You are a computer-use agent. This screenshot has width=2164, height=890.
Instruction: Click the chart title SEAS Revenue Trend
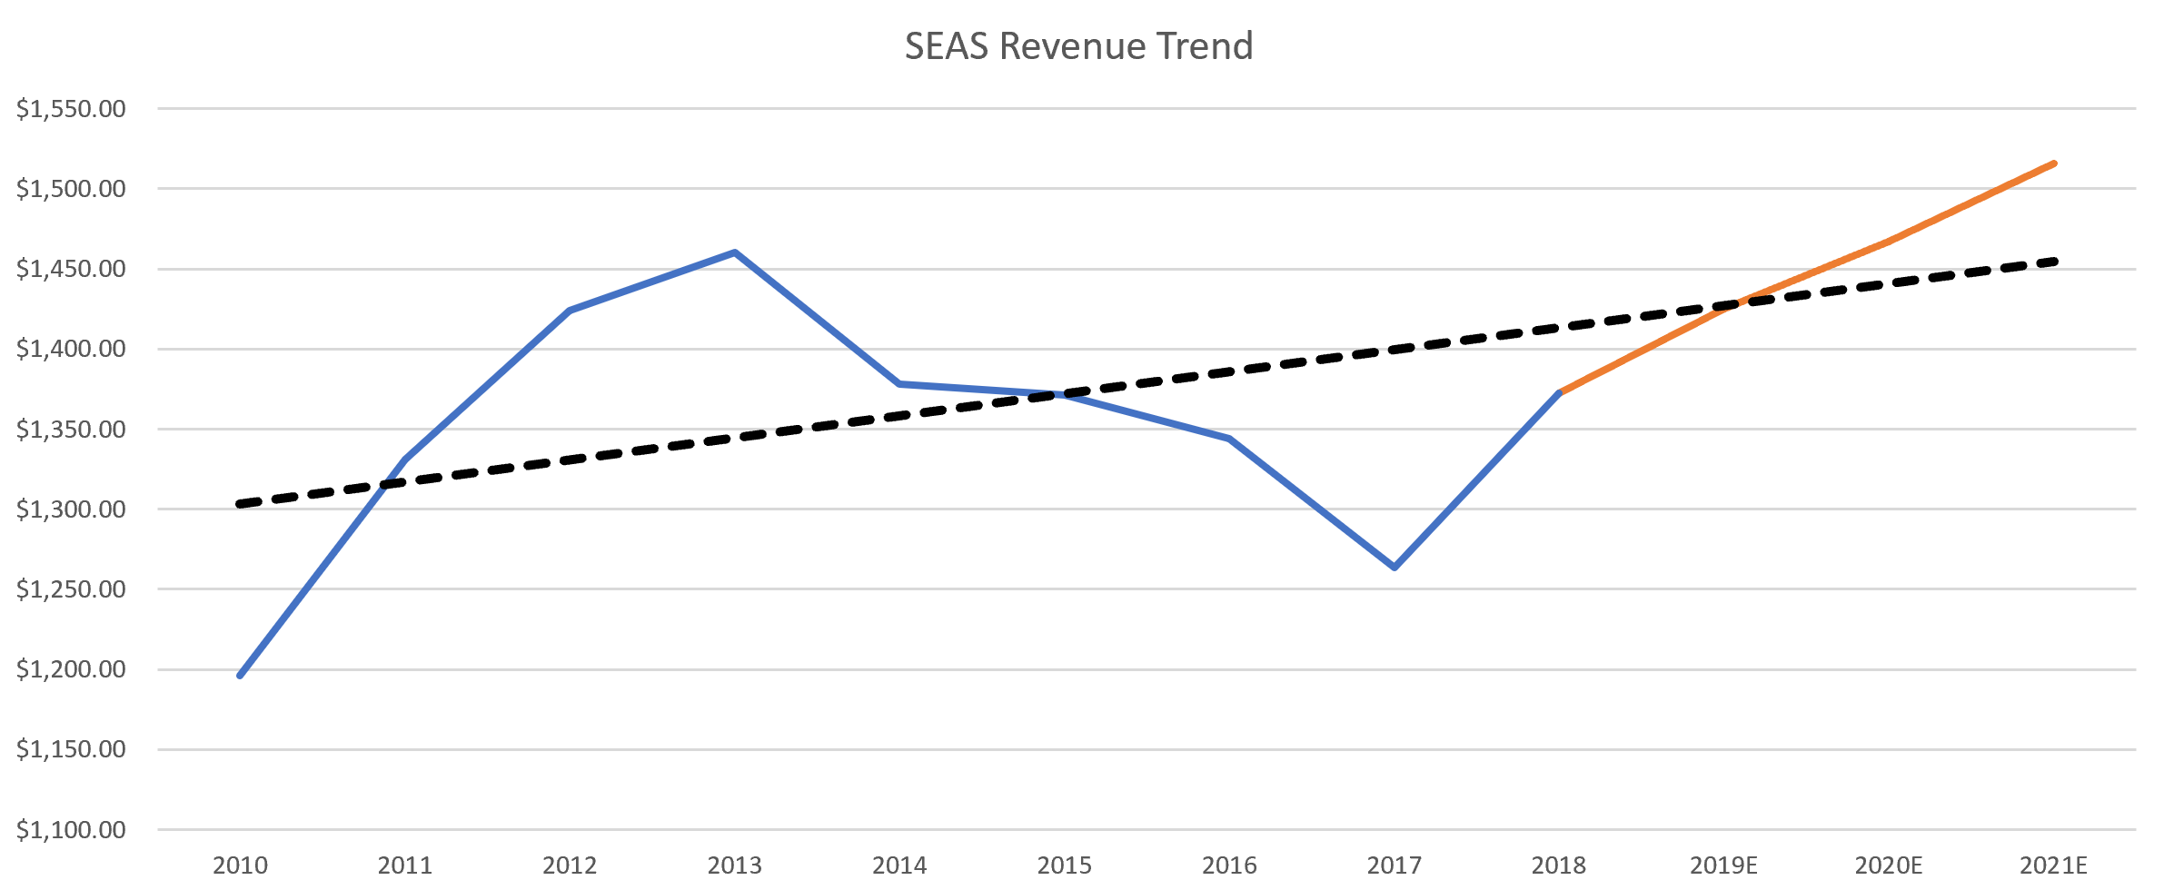pyautogui.click(x=1078, y=46)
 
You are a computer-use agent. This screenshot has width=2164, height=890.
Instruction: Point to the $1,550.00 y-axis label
pyautogui.click(x=71, y=109)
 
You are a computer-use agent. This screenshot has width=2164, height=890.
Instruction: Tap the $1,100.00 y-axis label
pyautogui.click(x=71, y=829)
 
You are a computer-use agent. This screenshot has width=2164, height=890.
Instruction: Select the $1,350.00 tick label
pyautogui.click(x=71, y=429)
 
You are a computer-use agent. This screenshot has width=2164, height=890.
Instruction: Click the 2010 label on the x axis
pyautogui.click(x=240, y=865)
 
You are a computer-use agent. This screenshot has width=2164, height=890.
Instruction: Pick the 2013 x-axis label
pyautogui.click(x=734, y=865)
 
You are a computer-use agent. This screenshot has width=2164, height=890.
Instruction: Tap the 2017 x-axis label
pyautogui.click(x=1394, y=865)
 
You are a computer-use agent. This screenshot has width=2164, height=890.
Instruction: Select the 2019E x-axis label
pyautogui.click(x=1723, y=865)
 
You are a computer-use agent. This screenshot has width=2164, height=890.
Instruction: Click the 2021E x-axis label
pyautogui.click(x=2053, y=865)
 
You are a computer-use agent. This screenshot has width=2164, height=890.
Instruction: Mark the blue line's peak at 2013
pyautogui.click(x=734, y=252)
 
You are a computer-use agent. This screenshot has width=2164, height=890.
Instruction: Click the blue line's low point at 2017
pyautogui.click(x=1394, y=568)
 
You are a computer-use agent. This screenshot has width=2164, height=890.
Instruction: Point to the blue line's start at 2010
pyautogui.click(x=240, y=676)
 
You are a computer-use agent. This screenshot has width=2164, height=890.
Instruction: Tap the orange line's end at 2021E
pyautogui.click(x=2054, y=163)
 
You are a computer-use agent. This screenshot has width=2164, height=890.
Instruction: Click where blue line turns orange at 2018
pyautogui.click(x=1559, y=392)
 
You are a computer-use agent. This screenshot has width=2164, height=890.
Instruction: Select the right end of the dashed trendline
pyautogui.click(x=2054, y=262)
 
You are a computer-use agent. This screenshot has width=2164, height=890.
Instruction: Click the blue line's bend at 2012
pyautogui.click(x=570, y=311)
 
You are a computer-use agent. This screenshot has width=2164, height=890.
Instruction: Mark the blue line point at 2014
pyautogui.click(x=899, y=384)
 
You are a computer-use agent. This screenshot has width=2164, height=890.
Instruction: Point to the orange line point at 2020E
pyautogui.click(x=1889, y=242)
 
